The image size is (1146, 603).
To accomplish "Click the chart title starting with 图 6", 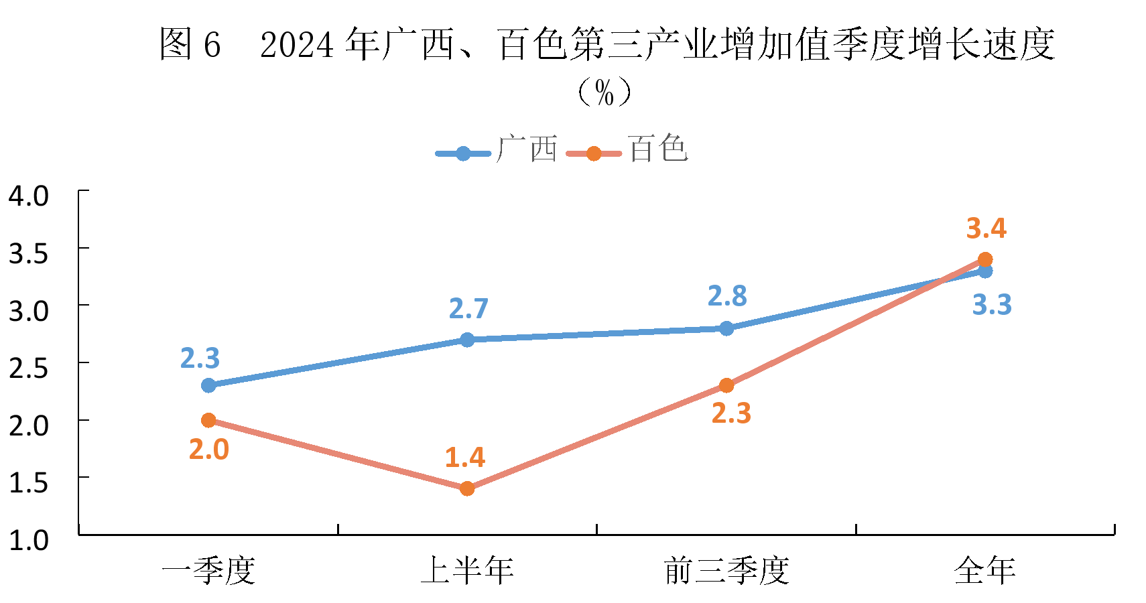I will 607,44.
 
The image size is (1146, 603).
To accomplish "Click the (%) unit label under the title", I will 604,92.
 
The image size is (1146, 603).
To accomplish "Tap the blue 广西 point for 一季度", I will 208,385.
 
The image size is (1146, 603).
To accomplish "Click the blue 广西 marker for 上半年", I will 467,340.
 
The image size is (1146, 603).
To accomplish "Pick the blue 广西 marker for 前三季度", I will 726,328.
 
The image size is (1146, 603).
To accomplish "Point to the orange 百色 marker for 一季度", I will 208,420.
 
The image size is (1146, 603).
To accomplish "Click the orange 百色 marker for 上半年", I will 467,488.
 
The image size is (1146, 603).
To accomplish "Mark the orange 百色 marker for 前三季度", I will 726,385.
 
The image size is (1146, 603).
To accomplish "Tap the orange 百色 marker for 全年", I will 985,259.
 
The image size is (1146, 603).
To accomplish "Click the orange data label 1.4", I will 465,458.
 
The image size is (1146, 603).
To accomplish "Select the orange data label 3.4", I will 986,228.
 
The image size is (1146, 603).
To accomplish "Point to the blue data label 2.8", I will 727,296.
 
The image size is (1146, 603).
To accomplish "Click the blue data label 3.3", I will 992,305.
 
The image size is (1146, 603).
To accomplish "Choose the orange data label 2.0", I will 209,450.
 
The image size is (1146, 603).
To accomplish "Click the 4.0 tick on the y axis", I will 29,196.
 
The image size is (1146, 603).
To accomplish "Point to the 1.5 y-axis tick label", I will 29,482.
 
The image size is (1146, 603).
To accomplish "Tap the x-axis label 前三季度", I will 726,571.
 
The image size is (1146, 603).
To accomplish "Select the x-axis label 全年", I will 985,571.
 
